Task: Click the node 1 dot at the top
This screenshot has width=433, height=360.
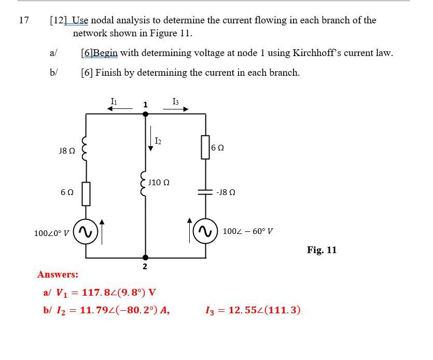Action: [x=145, y=114]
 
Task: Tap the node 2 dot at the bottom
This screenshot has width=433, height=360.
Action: [x=145, y=257]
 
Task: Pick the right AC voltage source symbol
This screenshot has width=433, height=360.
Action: [x=206, y=231]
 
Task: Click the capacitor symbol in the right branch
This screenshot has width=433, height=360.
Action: [x=206, y=191]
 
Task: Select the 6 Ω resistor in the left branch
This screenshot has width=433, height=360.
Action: [x=86, y=193]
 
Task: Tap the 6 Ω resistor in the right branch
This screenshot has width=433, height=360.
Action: [x=206, y=147]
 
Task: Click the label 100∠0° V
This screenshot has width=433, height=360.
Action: [x=51, y=233]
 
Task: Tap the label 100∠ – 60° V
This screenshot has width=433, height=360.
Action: [x=248, y=231]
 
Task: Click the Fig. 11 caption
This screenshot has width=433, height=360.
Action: [x=322, y=250]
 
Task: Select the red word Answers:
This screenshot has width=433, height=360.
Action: [x=58, y=274]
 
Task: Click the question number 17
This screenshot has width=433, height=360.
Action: [x=23, y=20]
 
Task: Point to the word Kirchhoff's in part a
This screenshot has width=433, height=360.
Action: [x=319, y=53]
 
